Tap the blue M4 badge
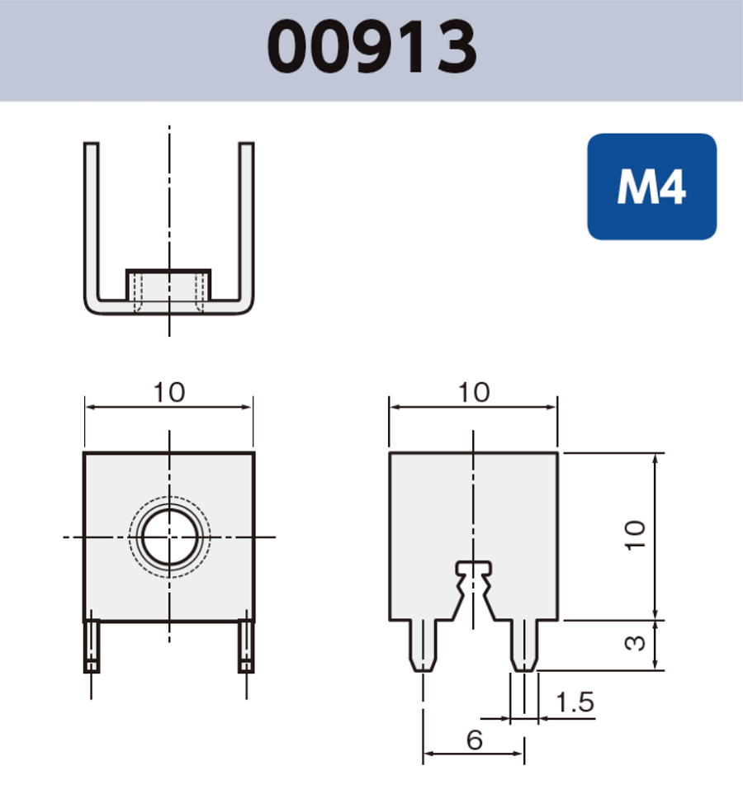(651, 187)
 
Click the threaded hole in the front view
(168, 538)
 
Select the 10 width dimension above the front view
(169, 392)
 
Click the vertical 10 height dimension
(635, 537)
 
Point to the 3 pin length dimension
(635, 643)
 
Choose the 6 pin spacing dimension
(474, 740)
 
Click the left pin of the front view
(92, 645)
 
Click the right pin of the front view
(245, 645)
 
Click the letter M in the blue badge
(633, 188)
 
